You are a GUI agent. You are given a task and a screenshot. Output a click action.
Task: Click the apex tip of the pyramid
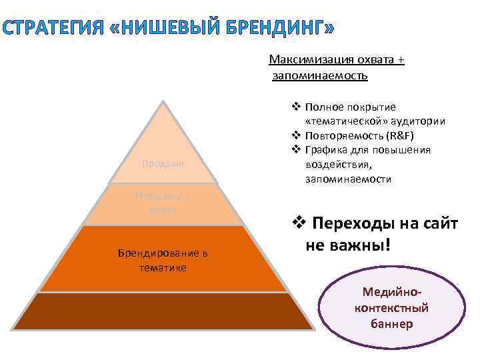(x=164, y=101)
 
